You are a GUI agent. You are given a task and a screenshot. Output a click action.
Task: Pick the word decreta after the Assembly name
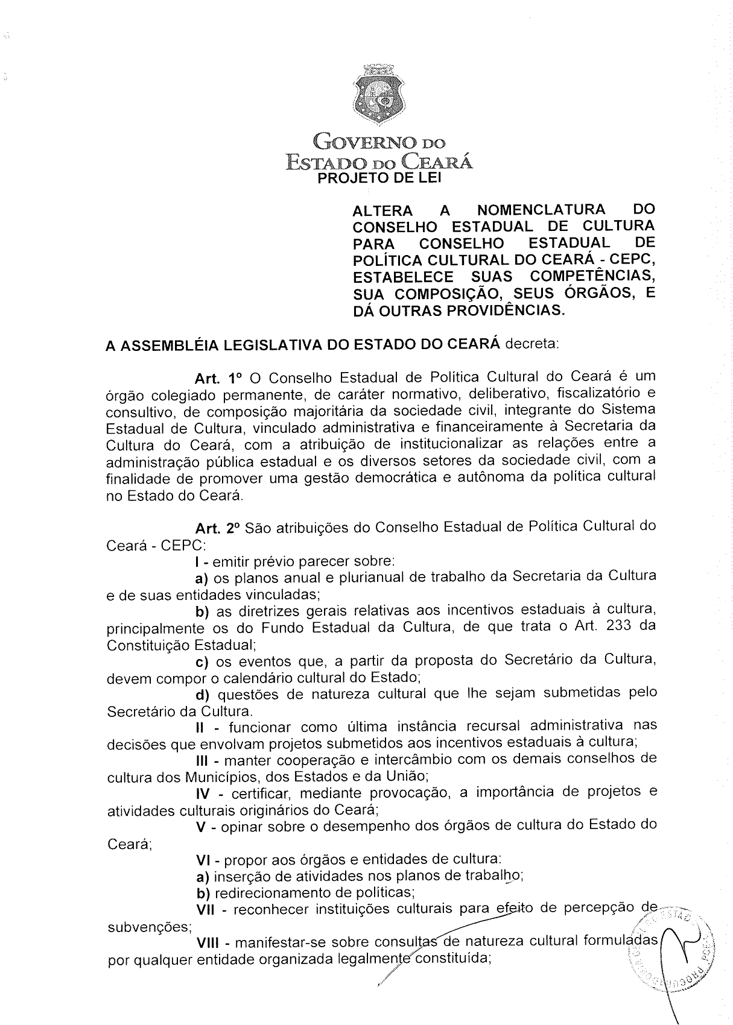pyautogui.click(x=532, y=344)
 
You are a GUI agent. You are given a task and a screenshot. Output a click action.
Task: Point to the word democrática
pyautogui.click(x=440, y=477)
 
